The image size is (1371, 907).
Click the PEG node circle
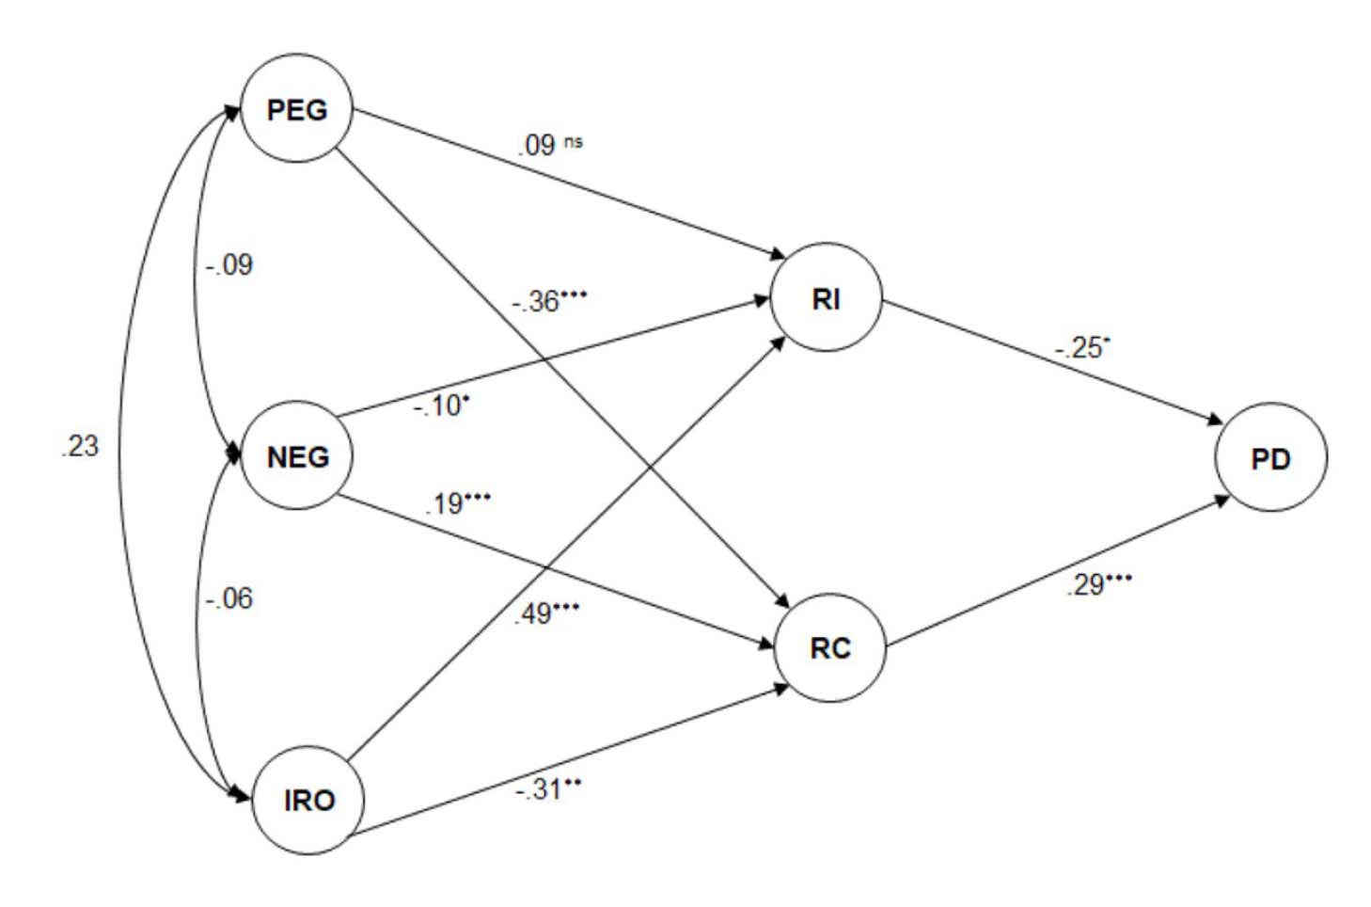(x=297, y=109)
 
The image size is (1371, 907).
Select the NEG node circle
(x=297, y=456)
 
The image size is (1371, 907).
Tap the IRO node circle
(x=307, y=800)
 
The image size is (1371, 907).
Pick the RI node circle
(x=826, y=298)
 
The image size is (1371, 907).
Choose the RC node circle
(x=829, y=647)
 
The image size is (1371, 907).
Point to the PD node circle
(x=1270, y=458)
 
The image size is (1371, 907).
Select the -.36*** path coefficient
(x=549, y=301)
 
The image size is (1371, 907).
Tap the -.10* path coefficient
(x=441, y=406)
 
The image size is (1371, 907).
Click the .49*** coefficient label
(x=546, y=613)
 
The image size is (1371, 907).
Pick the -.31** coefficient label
(x=547, y=788)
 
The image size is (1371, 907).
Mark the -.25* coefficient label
(x=1081, y=347)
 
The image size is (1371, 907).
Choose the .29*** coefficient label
(x=1098, y=584)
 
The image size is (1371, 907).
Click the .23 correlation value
(x=79, y=445)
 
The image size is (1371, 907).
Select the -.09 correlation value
(x=229, y=264)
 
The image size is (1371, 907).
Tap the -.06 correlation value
(x=229, y=597)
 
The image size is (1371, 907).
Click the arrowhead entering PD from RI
(x=1215, y=420)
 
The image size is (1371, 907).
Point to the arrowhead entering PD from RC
(x=1221, y=499)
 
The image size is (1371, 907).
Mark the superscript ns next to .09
(x=574, y=142)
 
